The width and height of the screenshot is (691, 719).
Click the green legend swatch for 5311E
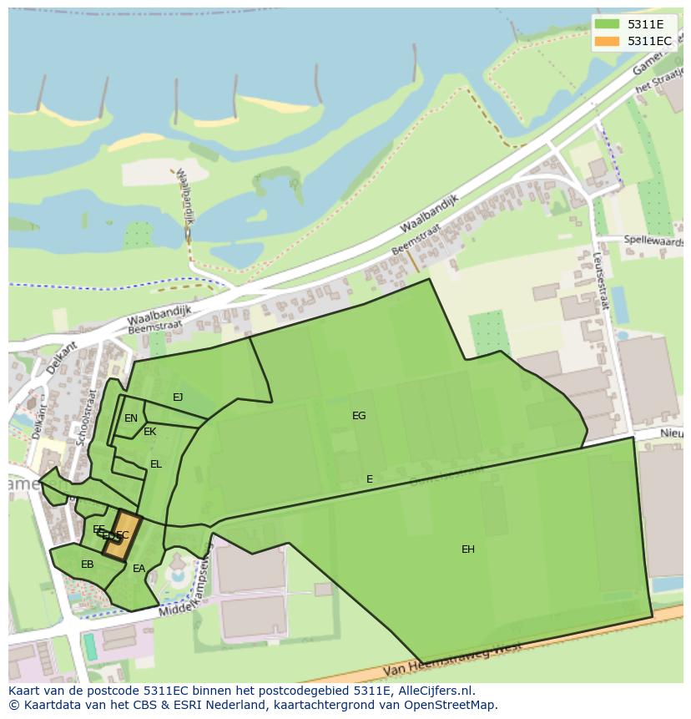(608, 24)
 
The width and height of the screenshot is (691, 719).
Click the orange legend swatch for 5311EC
(608, 41)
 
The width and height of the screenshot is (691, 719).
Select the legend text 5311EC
(649, 41)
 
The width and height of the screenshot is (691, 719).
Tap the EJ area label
(178, 397)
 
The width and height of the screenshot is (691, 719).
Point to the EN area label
(131, 418)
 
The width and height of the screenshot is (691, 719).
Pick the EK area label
(150, 432)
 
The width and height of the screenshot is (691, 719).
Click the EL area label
(156, 464)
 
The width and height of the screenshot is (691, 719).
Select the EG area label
(359, 415)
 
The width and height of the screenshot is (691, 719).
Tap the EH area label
(468, 549)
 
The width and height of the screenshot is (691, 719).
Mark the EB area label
(88, 565)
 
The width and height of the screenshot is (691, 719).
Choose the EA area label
(139, 569)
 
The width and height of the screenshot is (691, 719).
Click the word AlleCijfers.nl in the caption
(434, 691)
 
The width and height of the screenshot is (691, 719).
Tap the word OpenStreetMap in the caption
(456, 705)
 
